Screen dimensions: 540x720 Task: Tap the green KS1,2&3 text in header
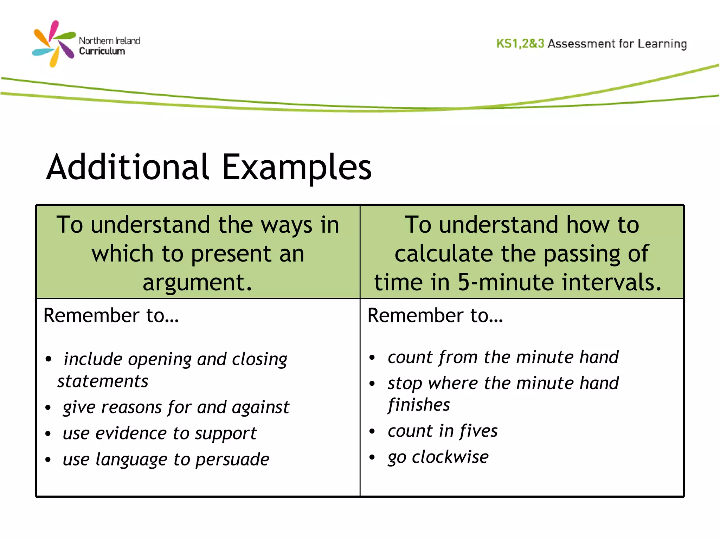click(520, 44)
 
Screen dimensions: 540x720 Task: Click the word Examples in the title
click(297, 167)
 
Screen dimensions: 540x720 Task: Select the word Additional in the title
click(128, 167)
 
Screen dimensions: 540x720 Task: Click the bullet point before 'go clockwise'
click(372, 457)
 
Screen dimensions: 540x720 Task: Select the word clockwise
click(450, 457)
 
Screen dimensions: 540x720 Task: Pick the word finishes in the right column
click(419, 405)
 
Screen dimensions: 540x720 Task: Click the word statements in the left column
click(103, 381)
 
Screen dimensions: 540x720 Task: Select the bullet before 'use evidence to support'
click(48, 434)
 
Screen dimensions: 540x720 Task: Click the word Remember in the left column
click(91, 315)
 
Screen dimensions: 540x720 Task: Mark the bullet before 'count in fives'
click(372, 431)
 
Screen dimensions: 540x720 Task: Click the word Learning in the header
click(662, 44)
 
